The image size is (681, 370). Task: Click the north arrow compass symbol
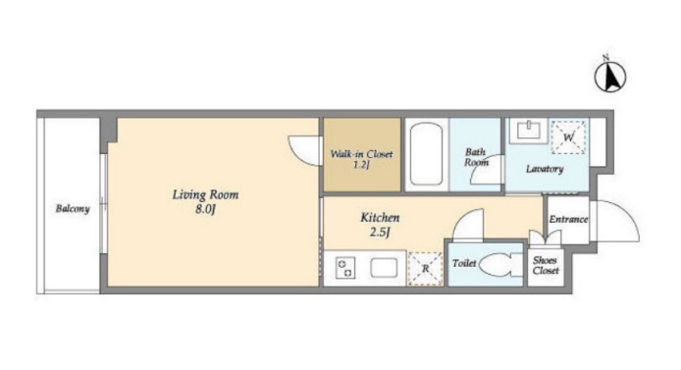coord(609,76)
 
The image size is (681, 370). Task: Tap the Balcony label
coord(73,209)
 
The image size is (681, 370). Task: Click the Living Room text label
coord(205,194)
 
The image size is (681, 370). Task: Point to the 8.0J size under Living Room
coord(205,210)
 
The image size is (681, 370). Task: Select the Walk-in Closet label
coord(361,154)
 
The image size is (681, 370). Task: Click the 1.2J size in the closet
coord(361,165)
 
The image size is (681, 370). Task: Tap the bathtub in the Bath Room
coord(426,154)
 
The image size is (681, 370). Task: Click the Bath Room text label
coord(476,157)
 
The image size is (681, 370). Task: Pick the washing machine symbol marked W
coord(568,137)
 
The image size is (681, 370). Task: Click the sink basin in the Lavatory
coord(529,131)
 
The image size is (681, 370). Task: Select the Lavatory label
coord(545,169)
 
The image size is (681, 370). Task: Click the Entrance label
coord(568,219)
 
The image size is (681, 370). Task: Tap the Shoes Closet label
coord(546,265)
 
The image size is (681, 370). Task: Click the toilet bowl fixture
coord(500,264)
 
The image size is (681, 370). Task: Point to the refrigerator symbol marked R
coord(425,269)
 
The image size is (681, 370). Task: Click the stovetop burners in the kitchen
coord(345,268)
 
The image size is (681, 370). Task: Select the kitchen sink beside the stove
coord(384,268)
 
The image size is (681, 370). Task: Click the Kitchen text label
coord(380,217)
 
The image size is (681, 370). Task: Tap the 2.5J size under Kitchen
coord(380,233)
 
